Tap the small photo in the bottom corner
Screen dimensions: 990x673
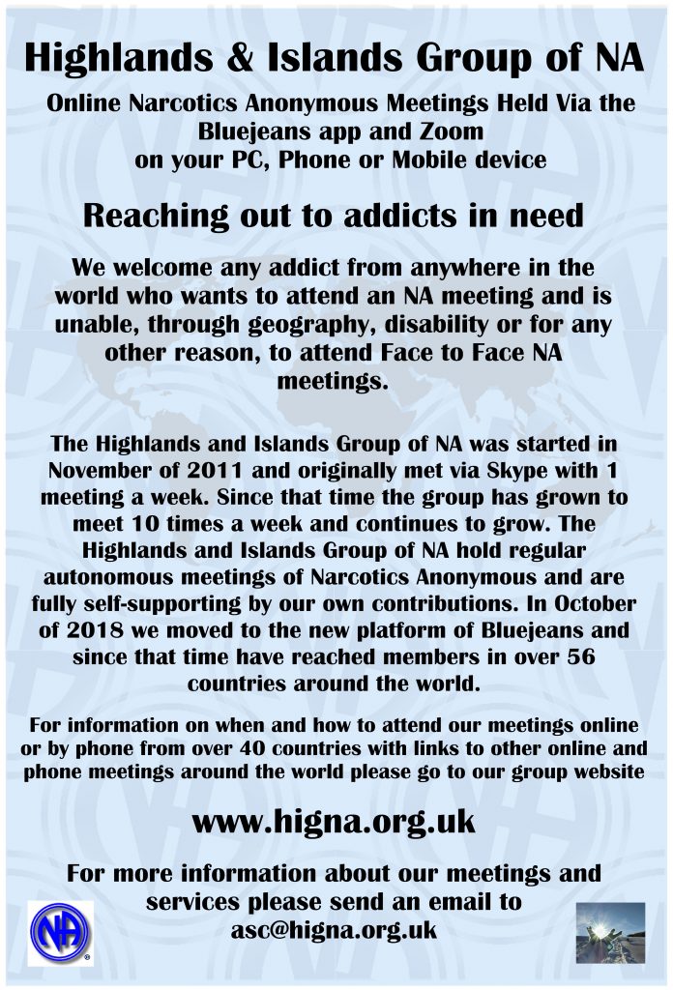pyautogui.click(x=609, y=934)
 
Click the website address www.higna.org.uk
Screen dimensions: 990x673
pyautogui.click(x=335, y=822)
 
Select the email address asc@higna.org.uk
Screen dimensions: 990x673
pyautogui.click(x=334, y=930)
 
